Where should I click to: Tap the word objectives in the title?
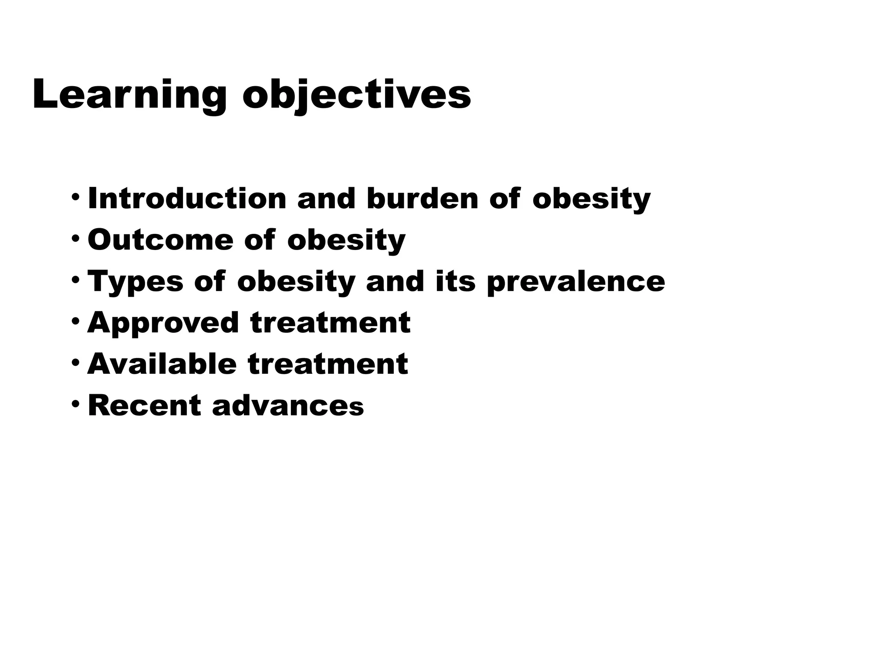(x=357, y=95)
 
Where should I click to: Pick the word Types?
(x=135, y=281)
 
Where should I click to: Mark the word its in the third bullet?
(x=456, y=281)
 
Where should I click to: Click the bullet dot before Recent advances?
(x=76, y=403)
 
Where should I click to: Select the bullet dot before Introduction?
(x=76, y=196)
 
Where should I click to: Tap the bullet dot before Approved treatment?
(x=76, y=320)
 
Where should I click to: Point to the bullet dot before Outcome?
(x=76, y=237)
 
